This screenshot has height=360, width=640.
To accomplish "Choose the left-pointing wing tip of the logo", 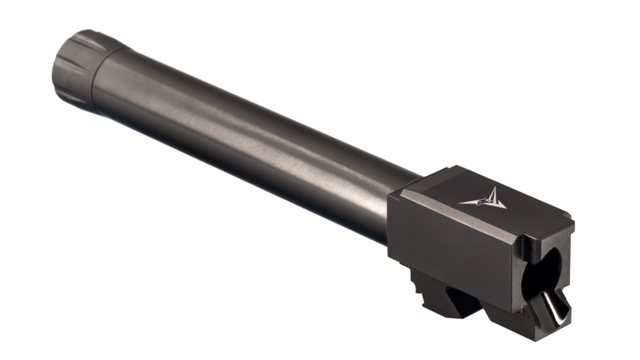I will click(x=461, y=204).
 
